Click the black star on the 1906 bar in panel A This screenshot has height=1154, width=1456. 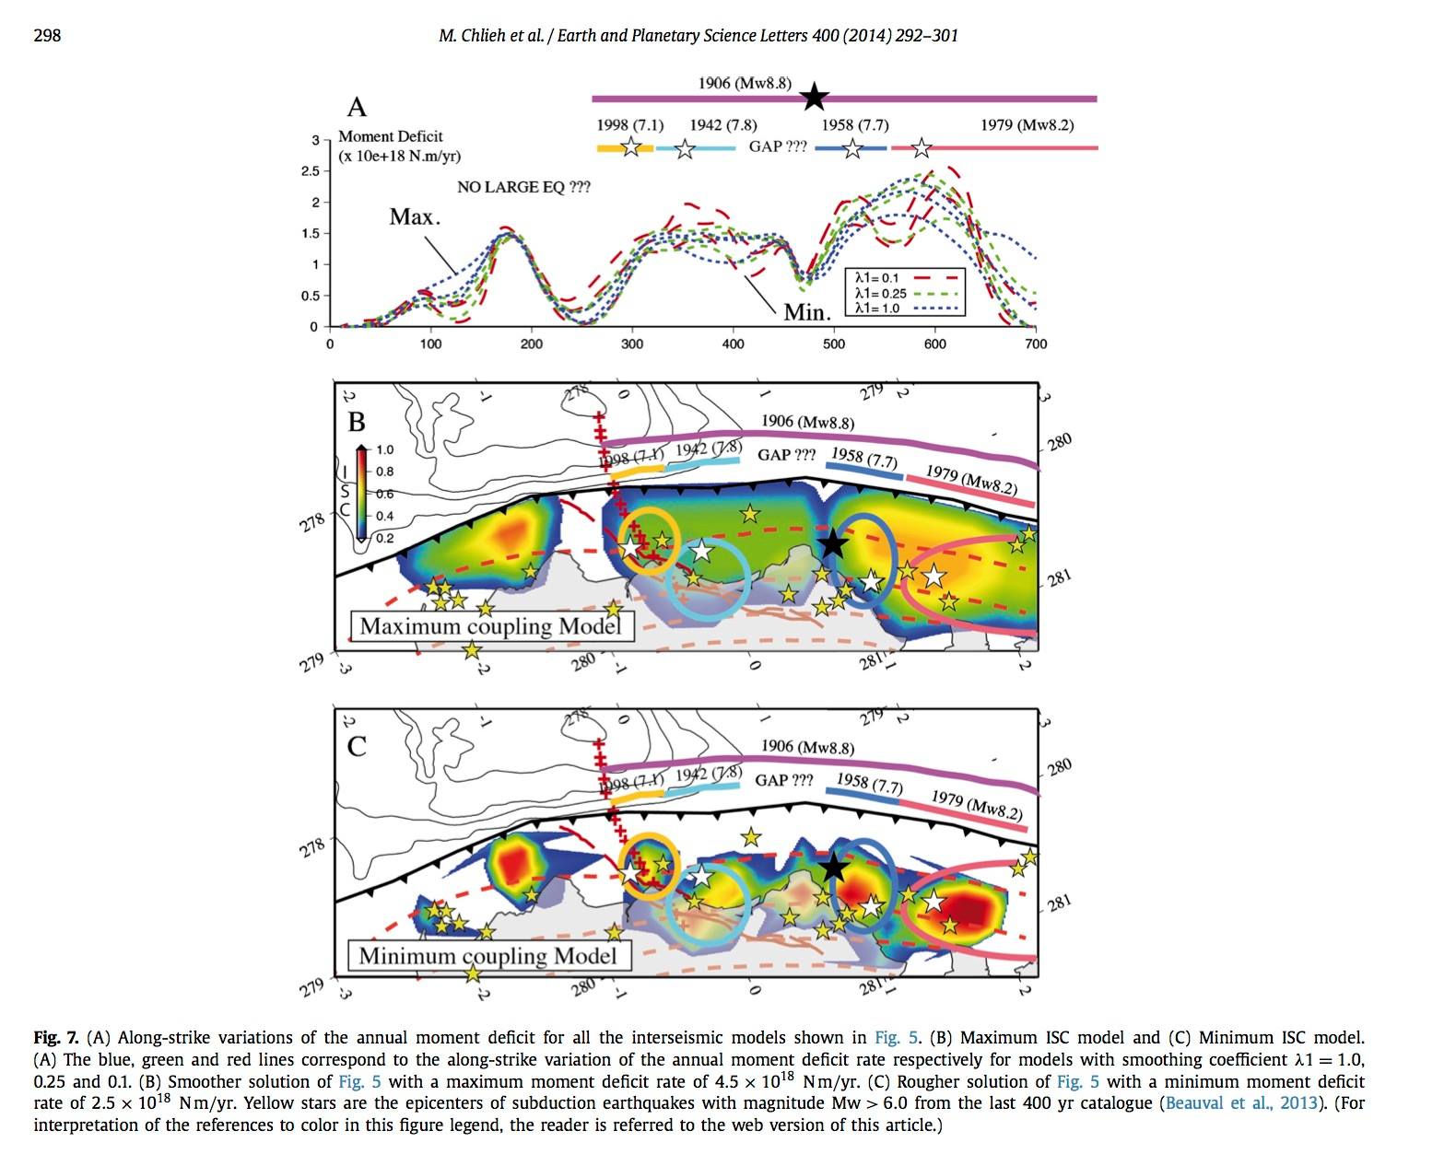[x=814, y=97]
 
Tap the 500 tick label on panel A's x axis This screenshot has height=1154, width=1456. [x=833, y=344]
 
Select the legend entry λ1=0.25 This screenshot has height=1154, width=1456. [x=881, y=293]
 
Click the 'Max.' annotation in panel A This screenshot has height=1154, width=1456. [x=414, y=217]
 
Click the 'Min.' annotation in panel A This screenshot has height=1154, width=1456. [x=807, y=312]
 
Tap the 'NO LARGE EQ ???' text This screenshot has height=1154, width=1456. [x=523, y=187]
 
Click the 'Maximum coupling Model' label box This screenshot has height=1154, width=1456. [x=491, y=626]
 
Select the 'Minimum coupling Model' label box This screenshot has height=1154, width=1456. [x=488, y=956]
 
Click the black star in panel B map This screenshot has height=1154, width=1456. [x=832, y=543]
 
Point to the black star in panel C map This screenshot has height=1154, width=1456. [x=834, y=867]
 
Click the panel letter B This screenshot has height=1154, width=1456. [x=357, y=422]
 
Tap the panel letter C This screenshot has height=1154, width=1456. [x=357, y=746]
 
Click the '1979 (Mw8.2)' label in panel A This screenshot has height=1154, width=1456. [x=1027, y=125]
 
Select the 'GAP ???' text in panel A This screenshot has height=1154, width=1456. [x=778, y=146]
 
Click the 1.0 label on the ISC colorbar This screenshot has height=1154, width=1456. [x=384, y=450]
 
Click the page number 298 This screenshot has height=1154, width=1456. [x=47, y=36]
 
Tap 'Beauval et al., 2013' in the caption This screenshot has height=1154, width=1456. [x=1241, y=1102]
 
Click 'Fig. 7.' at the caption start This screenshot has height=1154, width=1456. [x=55, y=1038]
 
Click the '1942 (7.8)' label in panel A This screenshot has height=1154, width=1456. [x=723, y=125]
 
